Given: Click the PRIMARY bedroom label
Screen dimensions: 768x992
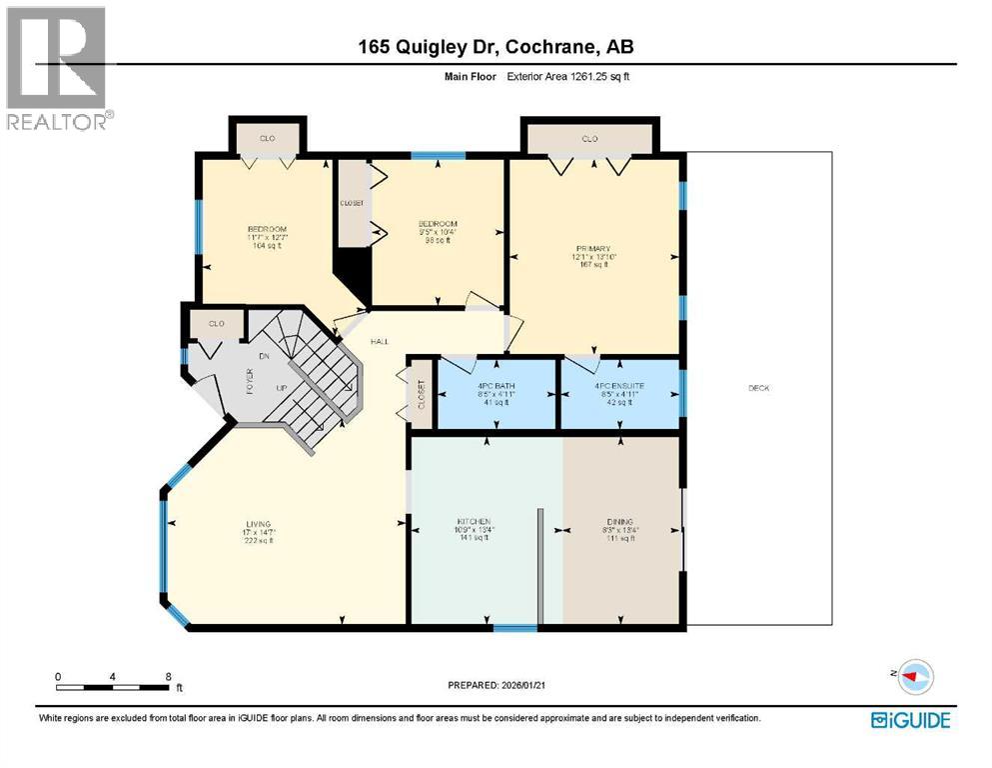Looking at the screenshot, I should click(x=592, y=248).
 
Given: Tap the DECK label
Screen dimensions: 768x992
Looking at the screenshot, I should click(x=758, y=388).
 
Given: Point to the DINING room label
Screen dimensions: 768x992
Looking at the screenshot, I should click(x=619, y=522).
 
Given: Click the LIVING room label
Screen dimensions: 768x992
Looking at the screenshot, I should click(x=260, y=524).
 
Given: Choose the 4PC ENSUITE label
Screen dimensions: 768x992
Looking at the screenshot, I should click(x=620, y=385).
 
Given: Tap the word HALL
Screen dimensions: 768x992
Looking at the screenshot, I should click(x=380, y=342).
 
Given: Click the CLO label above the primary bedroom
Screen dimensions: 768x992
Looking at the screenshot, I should click(x=589, y=139).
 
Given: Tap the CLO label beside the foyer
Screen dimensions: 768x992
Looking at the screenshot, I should click(x=216, y=324).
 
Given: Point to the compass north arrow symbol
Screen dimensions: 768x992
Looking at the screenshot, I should click(x=911, y=676).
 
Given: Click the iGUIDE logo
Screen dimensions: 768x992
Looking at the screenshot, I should click(x=910, y=720).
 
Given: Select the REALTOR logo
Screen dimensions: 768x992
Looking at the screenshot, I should click(x=58, y=68).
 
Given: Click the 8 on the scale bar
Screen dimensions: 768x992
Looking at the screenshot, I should click(x=168, y=676).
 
